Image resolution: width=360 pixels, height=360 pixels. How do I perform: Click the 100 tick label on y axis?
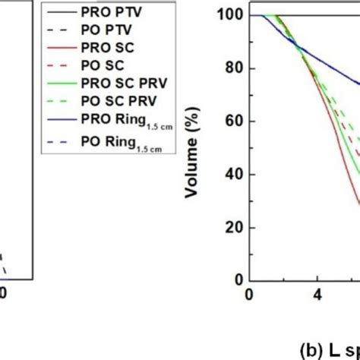pos(226,15)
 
